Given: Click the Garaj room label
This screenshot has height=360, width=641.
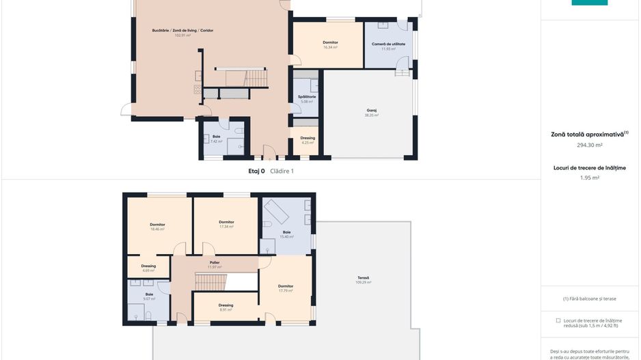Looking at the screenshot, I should click(371, 110).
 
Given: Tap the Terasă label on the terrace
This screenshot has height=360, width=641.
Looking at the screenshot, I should click(363, 277).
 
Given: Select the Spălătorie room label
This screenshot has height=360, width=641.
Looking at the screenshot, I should click(307, 96).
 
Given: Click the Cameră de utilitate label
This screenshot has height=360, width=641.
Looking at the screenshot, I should click(388, 44).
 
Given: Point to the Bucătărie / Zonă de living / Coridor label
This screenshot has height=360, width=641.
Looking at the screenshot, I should click(182, 30).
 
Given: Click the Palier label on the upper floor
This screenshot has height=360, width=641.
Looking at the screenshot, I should click(215, 262).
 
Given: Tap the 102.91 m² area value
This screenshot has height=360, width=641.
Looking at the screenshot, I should click(182, 35).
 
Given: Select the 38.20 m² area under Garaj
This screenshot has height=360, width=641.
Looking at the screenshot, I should click(371, 115).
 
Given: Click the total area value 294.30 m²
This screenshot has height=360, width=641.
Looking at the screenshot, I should click(589, 145).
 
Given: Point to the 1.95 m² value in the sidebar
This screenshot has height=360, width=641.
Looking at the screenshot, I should click(589, 178).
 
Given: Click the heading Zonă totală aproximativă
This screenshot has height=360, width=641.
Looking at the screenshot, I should click(588, 135).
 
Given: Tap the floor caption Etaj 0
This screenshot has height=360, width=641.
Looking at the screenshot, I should click(256, 171).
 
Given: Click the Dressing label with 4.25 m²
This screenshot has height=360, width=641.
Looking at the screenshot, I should click(308, 138).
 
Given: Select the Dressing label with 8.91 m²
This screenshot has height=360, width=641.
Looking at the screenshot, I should click(226, 305).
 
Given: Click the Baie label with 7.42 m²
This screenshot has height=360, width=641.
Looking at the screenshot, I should click(216, 137).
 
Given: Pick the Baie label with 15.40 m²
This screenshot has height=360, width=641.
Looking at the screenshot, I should click(286, 232).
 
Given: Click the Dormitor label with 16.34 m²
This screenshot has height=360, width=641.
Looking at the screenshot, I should click(331, 42).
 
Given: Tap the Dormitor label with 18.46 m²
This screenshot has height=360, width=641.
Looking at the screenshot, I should click(157, 224).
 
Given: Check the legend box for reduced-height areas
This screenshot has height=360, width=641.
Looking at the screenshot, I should click(558, 320).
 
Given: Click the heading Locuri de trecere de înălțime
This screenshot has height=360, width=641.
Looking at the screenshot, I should click(589, 167).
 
